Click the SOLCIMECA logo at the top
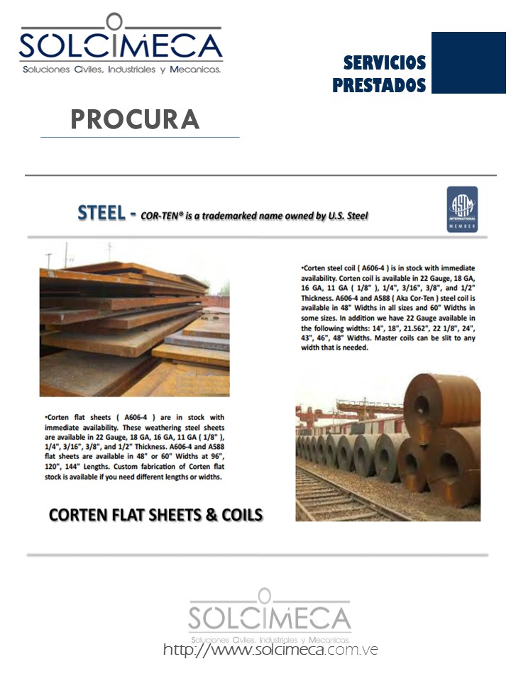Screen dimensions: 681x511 coord(120,44)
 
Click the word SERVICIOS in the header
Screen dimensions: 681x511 coord(385,63)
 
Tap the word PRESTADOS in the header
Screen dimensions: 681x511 coord(379,86)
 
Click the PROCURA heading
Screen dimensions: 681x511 coord(135,119)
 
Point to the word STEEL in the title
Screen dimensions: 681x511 coord(101,213)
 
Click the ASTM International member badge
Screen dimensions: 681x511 coord(461,209)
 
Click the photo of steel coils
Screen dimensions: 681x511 coord(388,448)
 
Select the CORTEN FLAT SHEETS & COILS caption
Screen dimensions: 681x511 coord(155,515)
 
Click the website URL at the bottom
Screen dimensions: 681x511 coord(270,649)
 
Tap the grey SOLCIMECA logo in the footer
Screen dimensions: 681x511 coord(270,614)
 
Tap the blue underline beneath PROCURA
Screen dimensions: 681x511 coord(140,137)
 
